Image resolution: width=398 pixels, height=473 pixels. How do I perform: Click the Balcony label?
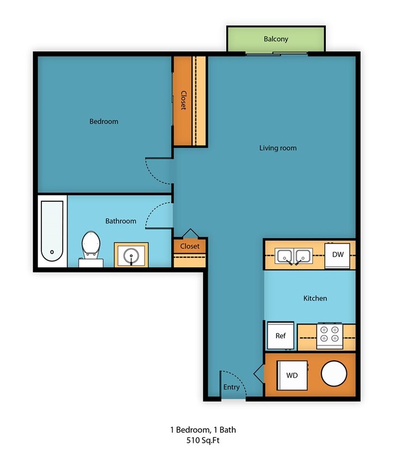tap(276, 39)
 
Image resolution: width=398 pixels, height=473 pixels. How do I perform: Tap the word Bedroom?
tap(104, 121)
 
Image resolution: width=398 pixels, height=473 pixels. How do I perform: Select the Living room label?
tap(278, 148)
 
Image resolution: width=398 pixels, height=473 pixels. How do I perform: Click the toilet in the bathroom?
tap(91, 247)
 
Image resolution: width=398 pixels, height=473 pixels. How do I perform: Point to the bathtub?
tap(52, 231)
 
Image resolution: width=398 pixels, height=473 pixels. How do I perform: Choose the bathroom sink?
tap(132, 255)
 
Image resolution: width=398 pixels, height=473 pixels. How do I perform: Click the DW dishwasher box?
tap(338, 255)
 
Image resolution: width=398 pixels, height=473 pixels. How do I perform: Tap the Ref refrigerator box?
tap(280, 336)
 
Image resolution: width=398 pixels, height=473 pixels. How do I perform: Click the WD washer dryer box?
tap(292, 375)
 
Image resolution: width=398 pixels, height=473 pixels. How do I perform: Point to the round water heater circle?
tap(335, 374)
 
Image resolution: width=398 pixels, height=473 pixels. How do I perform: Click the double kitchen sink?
tap(293, 256)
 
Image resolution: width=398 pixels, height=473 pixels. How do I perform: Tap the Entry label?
tap(231, 387)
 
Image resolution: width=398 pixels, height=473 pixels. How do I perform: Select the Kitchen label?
tap(315, 298)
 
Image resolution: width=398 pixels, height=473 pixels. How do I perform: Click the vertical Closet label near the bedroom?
tap(183, 100)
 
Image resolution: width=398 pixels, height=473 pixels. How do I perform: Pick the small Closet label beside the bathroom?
tap(190, 246)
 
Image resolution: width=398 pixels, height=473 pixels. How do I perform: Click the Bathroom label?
tap(120, 221)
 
